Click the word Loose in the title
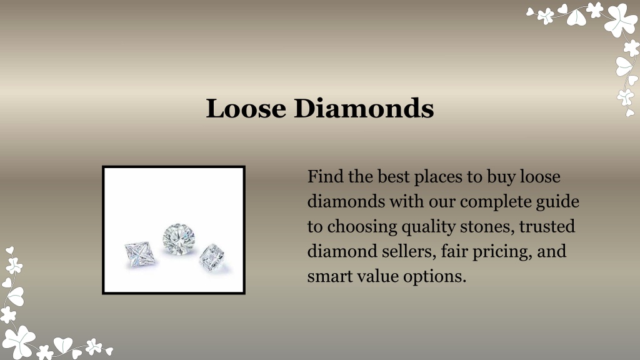point(246,109)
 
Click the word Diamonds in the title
point(364,109)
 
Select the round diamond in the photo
point(179,239)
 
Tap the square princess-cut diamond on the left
point(139,254)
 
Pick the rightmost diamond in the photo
point(211,257)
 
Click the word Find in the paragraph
point(325,176)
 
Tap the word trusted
point(547,226)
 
